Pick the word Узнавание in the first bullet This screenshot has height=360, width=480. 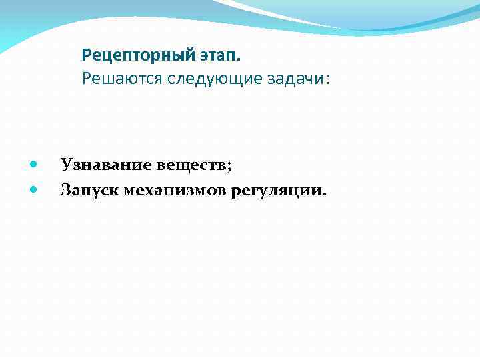[106, 164]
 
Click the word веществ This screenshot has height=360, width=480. [193, 164]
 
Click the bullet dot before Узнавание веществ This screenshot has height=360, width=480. [34, 164]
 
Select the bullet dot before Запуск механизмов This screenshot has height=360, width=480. [34, 191]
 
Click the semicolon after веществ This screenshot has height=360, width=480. [229, 166]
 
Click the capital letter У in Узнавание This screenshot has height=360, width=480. [65, 164]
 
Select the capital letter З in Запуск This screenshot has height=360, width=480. [65, 191]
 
